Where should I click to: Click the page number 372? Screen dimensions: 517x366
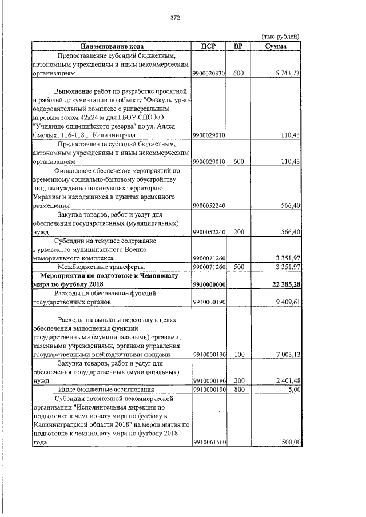[x=176, y=18]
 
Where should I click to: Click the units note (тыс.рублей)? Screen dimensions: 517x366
[x=280, y=37]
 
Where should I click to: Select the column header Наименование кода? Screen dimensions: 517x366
[x=112, y=46]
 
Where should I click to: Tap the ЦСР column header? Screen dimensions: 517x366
[x=209, y=46]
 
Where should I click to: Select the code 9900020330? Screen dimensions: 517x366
[x=210, y=74]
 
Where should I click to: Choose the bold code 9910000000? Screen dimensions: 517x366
[x=210, y=284]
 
